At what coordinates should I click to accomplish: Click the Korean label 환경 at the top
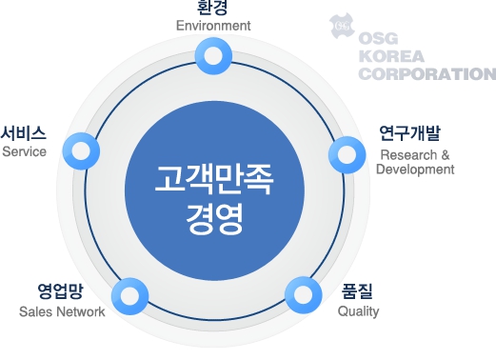tap(212, 9)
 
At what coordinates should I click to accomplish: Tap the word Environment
tap(213, 26)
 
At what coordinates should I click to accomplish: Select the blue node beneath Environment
tap(213, 54)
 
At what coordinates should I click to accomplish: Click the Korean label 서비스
tap(24, 133)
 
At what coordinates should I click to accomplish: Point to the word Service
tap(25, 151)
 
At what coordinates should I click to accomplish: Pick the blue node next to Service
tap(81, 150)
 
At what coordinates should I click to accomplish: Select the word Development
tap(415, 169)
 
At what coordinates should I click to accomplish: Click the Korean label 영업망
tap(62, 292)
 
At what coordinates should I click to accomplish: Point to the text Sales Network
tap(62, 311)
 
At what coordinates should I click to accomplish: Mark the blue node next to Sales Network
tap(131, 296)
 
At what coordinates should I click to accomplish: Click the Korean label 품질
tap(357, 292)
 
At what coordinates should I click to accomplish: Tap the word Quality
tap(358, 311)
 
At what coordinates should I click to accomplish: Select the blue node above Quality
tap(303, 295)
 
